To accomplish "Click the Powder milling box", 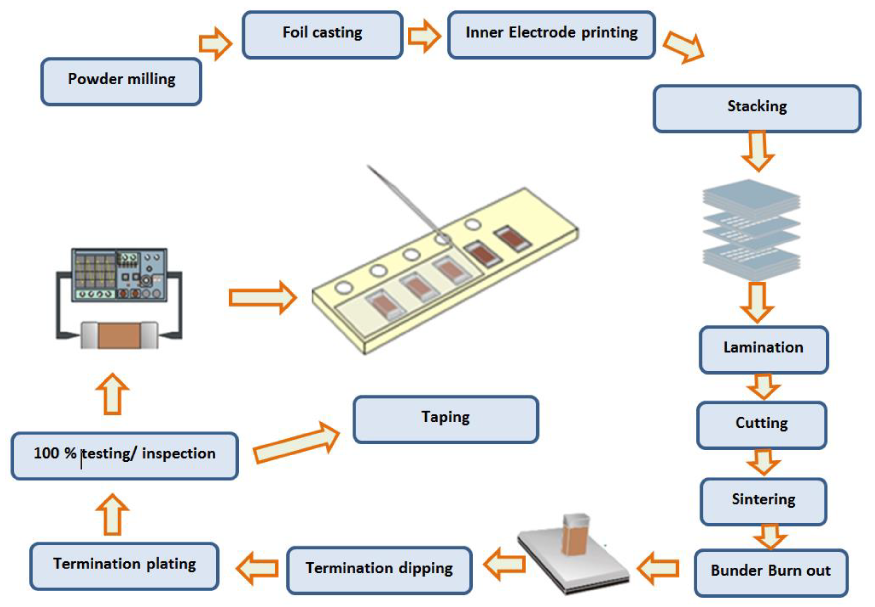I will point(121,81).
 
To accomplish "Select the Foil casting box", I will point(322,34).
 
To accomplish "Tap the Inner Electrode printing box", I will point(551,34).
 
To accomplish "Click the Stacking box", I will point(757,108).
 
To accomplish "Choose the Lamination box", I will point(763,349).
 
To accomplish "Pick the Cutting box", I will point(761,424).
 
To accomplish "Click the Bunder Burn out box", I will point(771,572).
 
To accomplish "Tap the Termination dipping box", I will point(379,570).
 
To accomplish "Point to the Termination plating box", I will point(124,566).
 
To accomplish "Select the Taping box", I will point(445,418).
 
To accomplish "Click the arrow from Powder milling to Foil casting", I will point(215,43).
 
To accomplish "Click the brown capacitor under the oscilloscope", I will point(119,335).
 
